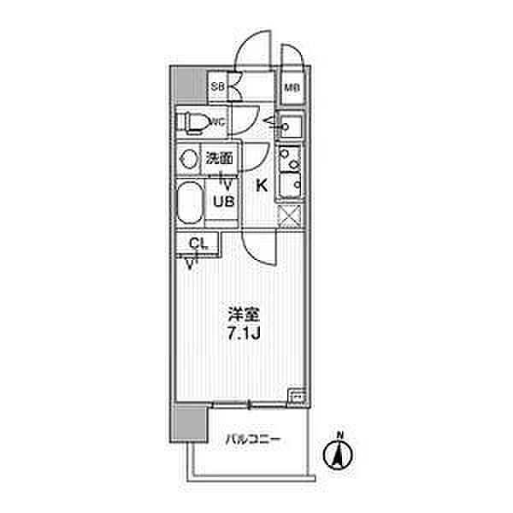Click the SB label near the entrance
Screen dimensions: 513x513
click(217, 85)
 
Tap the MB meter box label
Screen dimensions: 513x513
click(291, 86)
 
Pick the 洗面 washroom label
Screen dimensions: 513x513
click(219, 158)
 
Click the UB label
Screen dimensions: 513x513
click(224, 202)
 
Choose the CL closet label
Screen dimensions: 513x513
click(198, 244)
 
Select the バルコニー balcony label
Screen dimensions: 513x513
click(254, 441)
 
